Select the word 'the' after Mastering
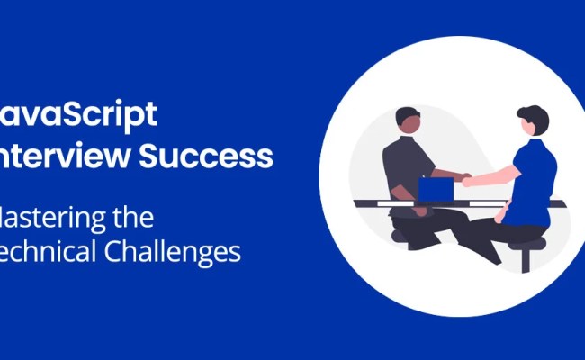[x=132, y=217]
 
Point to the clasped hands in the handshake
[x=465, y=179]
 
